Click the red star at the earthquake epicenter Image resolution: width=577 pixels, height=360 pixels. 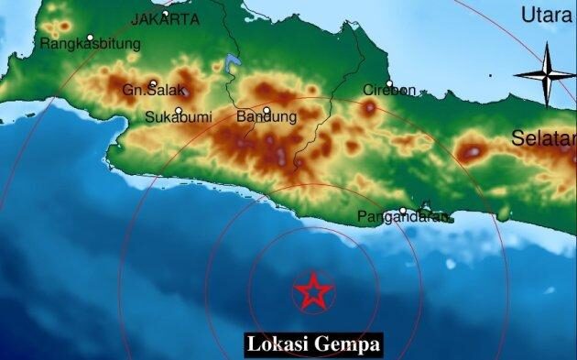click(313, 292)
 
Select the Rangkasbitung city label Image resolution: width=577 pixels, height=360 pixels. click(91, 43)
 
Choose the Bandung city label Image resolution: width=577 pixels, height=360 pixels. click(267, 117)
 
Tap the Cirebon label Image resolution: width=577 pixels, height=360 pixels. click(389, 90)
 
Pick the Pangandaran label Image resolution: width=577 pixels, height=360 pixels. click(403, 218)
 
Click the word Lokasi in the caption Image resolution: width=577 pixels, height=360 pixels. click(278, 345)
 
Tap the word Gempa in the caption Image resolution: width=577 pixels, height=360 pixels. click(346, 345)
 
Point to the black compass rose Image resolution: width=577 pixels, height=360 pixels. click(546, 75)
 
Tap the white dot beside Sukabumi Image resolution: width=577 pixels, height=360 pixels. click(180, 112)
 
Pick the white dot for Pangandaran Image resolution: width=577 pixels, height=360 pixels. click(403, 211)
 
